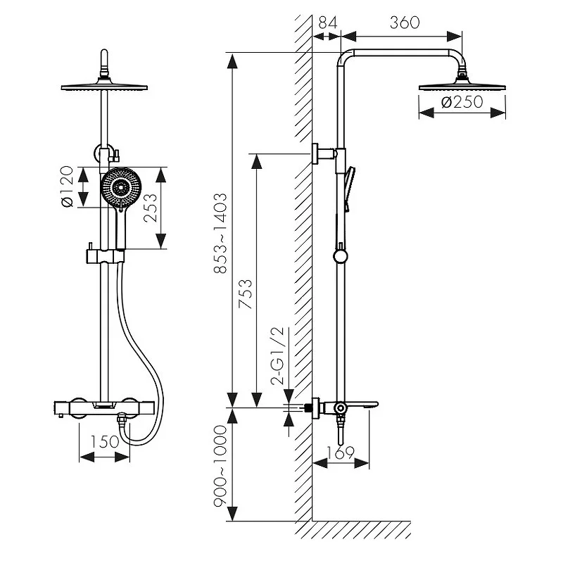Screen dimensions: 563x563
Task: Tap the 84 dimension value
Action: point(327,23)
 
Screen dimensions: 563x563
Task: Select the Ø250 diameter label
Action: point(462,103)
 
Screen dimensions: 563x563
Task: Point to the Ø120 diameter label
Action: point(68,187)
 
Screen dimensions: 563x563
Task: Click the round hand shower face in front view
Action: point(122,187)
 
